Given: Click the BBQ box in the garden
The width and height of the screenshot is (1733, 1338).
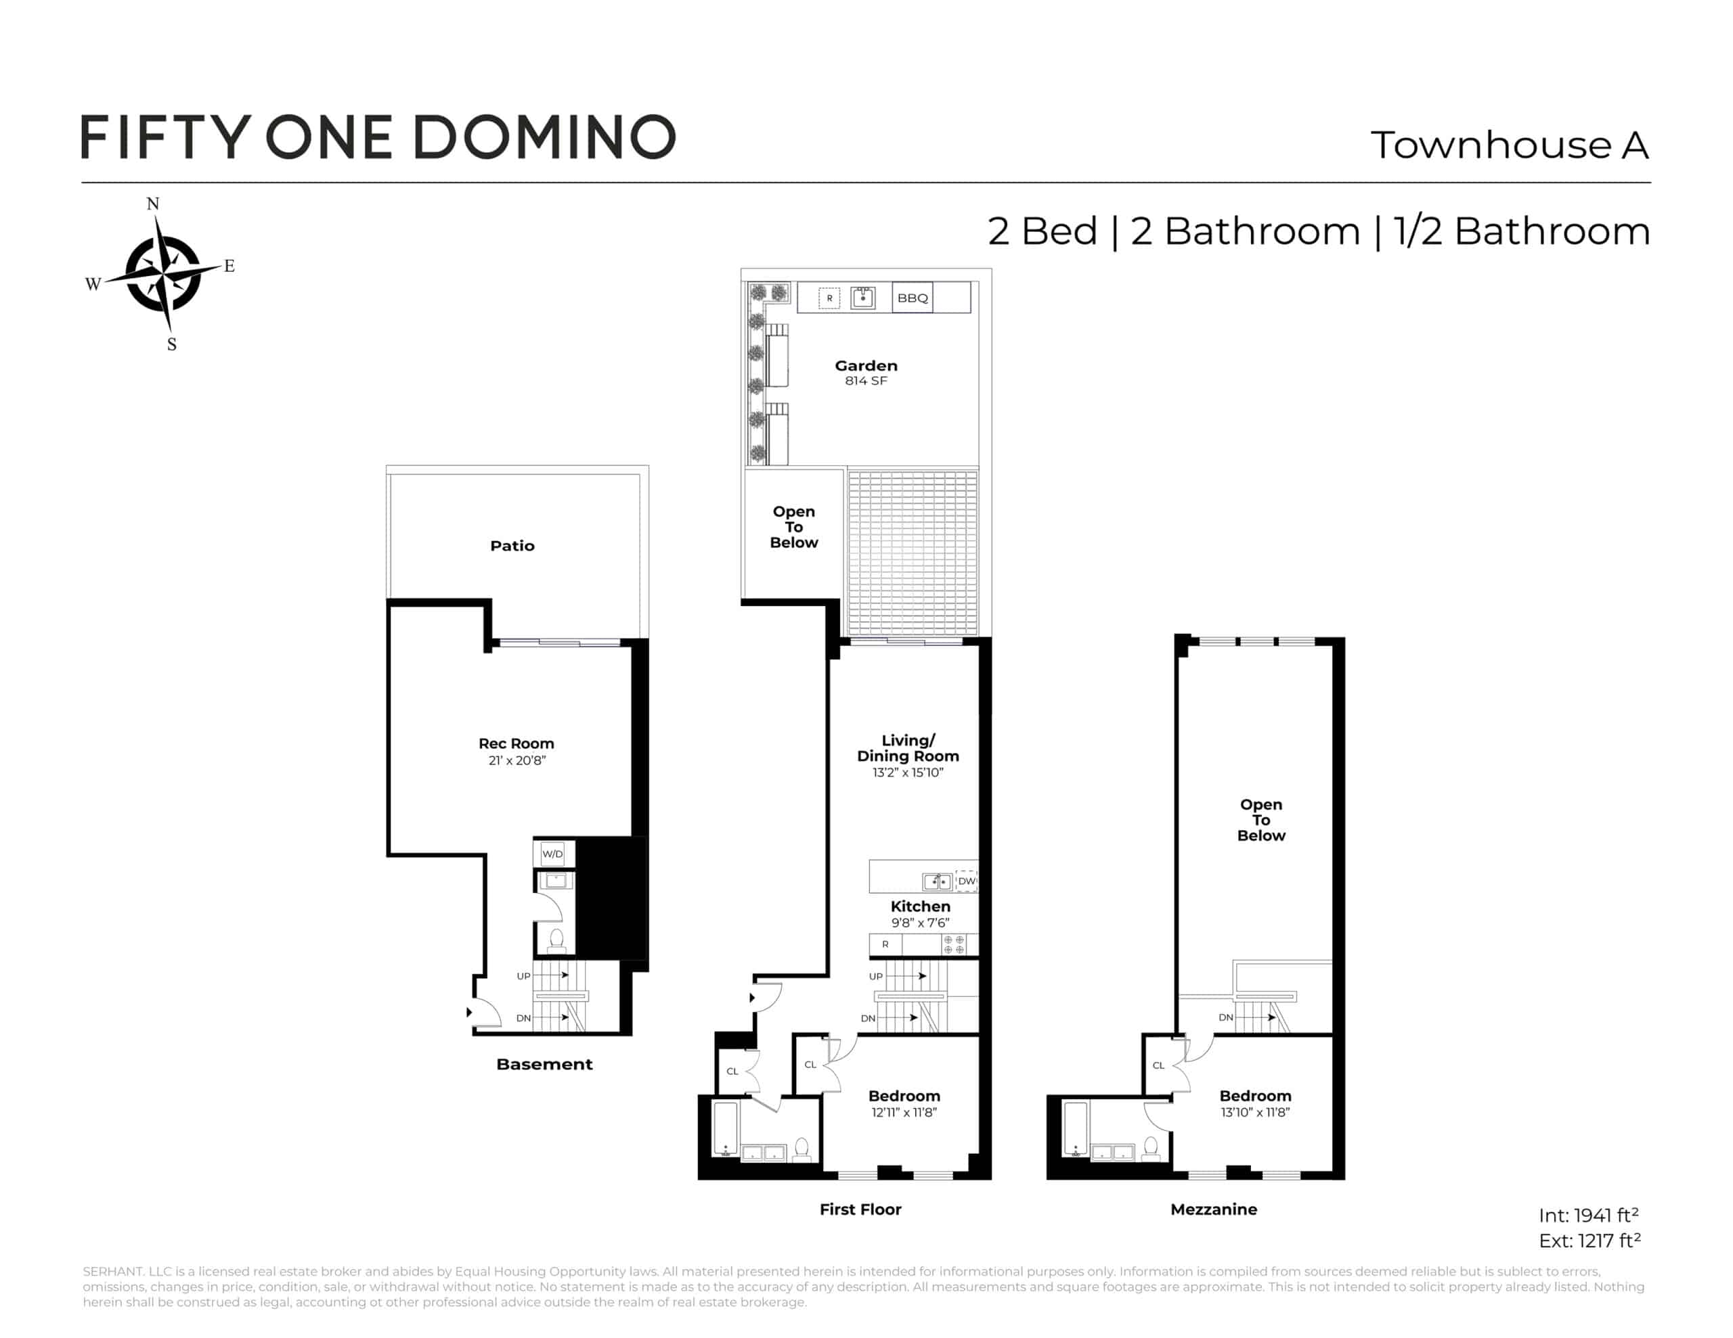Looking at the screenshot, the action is point(912,298).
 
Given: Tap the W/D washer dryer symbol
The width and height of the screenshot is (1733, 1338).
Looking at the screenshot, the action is point(552,854).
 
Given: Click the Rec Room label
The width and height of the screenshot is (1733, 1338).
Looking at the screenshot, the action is point(516,743).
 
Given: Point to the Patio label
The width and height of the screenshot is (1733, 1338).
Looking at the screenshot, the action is point(512,545).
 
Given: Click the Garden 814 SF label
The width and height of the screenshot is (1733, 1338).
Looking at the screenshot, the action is point(866,372).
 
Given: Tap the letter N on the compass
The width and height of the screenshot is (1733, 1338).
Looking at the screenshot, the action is point(153,204).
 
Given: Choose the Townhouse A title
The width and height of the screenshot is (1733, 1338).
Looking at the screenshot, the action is point(1509,145).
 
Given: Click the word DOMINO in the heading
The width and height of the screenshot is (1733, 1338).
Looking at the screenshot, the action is point(544,137).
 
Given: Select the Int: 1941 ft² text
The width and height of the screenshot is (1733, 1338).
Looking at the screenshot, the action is point(1589,1214).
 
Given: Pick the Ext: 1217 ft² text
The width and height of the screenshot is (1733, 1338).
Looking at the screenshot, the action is point(1589,1240).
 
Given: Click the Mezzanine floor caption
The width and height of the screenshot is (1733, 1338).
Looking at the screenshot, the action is point(1213,1209).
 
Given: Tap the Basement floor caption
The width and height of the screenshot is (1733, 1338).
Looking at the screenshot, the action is point(544,1063).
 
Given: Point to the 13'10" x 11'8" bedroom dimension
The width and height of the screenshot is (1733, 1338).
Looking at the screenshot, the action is point(1255,1112).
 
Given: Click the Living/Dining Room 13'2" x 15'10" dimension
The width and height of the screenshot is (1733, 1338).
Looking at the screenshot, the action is point(908,772).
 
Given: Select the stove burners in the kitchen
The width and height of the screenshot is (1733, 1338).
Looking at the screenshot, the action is point(954,944).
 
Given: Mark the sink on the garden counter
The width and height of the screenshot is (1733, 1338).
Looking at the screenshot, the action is point(862,298).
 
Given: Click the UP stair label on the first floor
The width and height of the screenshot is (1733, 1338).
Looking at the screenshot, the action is point(875,976).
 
